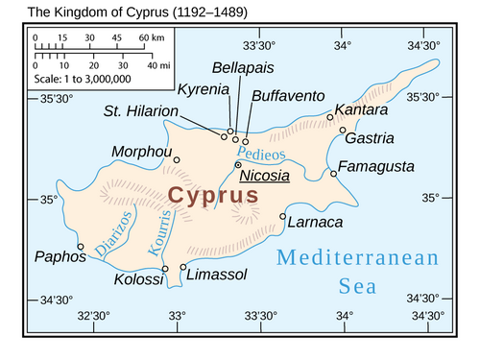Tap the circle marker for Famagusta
click(x=334, y=174)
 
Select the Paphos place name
click(x=54, y=256)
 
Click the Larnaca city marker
click(x=282, y=216)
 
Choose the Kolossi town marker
click(x=165, y=269)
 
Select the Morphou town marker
click(x=176, y=160)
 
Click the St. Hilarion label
click(x=141, y=111)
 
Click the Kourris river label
click(x=162, y=235)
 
